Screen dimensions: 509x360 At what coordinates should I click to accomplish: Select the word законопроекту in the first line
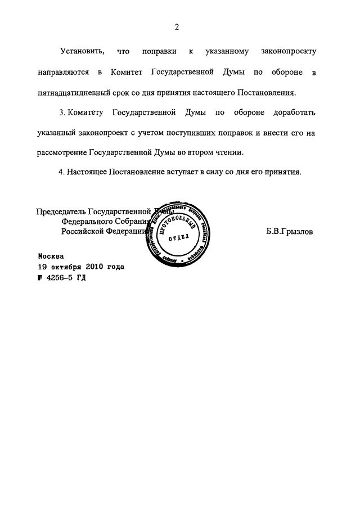coord(289,52)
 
